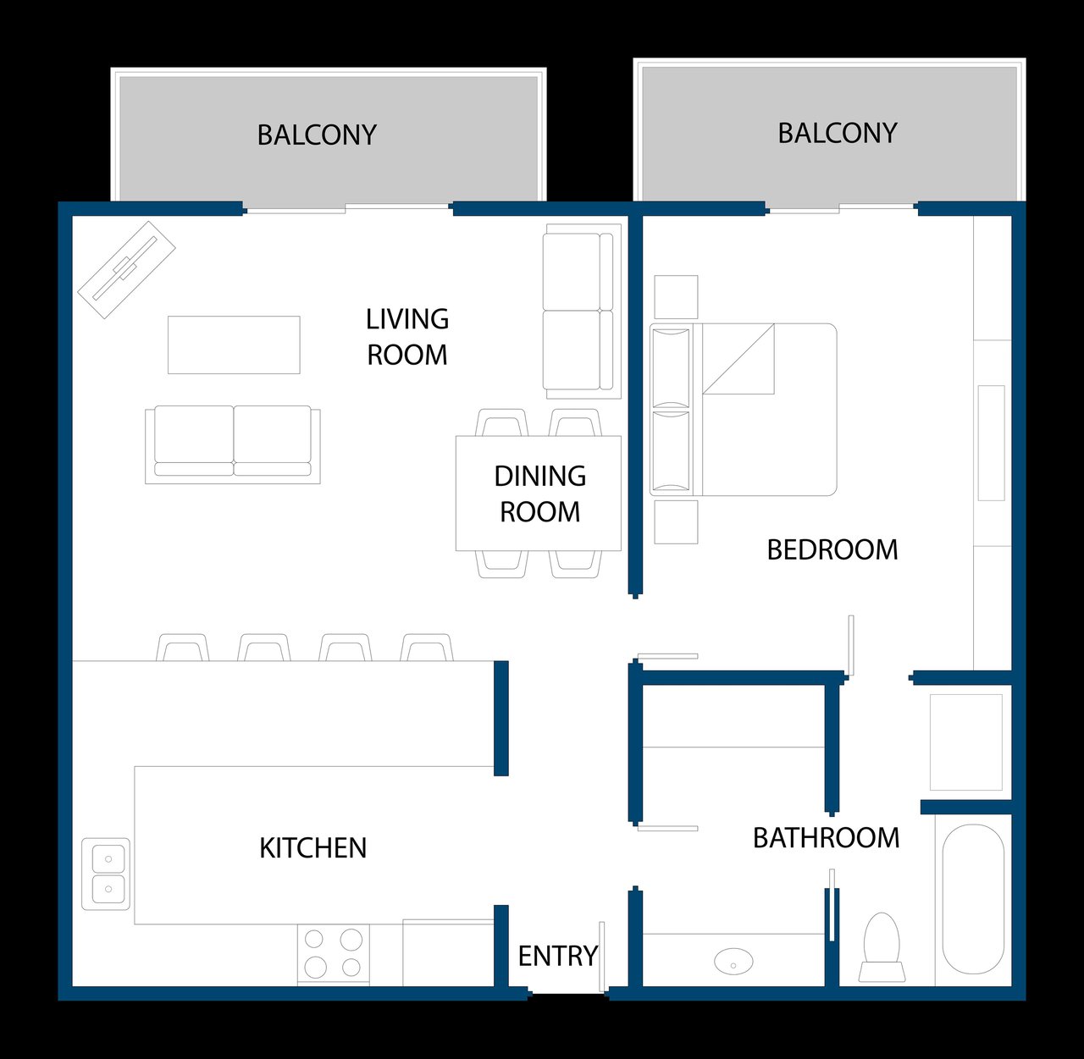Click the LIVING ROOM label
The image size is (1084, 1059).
[407, 337]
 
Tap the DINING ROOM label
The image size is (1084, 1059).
[539, 494]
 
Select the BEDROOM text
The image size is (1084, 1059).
[832, 550]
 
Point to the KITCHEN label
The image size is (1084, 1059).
[313, 847]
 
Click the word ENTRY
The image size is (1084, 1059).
[557, 956]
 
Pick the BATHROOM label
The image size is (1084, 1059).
[826, 837]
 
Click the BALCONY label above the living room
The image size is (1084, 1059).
[317, 135]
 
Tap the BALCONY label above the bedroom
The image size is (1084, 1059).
[838, 133]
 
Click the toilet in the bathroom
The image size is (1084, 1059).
[882, 947]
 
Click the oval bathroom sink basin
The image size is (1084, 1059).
[733, 961]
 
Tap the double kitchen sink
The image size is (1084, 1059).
[106, 874]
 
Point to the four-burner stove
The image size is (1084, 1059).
[333, 954]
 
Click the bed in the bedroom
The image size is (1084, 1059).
[744, 409]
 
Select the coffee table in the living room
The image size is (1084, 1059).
[234, 345]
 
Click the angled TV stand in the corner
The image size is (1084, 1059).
[126, 270]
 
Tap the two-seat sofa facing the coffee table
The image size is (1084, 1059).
[233, 444]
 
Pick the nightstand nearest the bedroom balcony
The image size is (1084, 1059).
[676, 297]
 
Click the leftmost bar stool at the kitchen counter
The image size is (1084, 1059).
[183, 647]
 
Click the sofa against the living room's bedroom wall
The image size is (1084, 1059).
[582, 312]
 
